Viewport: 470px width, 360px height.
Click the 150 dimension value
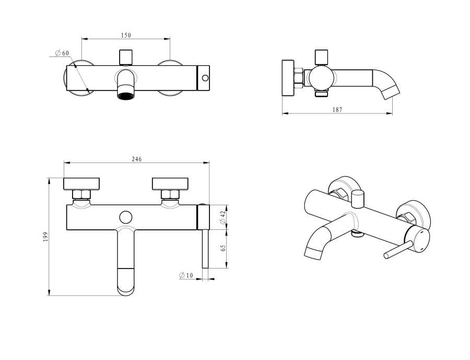126,35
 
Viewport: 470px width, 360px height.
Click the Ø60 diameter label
62,53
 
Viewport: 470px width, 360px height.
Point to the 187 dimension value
337,110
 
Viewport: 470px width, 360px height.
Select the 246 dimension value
137,159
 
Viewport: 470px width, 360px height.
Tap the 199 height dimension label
45,237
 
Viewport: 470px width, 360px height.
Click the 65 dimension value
223,248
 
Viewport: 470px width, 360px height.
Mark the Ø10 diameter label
186,275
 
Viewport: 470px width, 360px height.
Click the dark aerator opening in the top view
125,96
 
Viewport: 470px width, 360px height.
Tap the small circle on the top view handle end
205,79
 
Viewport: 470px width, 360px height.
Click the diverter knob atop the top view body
126,56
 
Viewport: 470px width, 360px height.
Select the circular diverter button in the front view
125,217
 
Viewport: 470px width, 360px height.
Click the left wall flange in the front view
81,183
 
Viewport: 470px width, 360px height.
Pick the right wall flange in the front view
170,183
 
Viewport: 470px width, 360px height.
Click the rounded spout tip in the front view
125,285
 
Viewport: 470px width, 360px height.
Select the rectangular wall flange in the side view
288,78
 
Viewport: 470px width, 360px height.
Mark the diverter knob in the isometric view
358,199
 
